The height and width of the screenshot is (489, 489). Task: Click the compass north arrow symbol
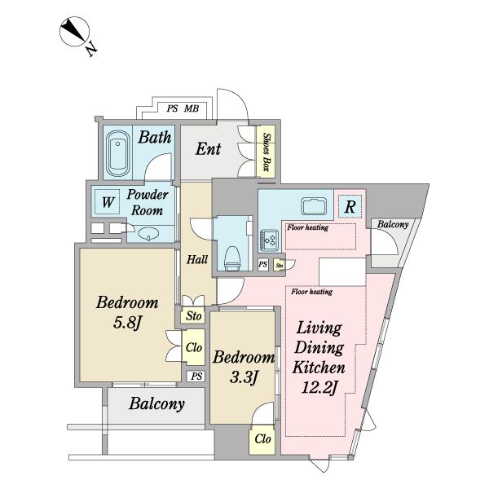74,32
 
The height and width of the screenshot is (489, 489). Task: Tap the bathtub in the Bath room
117,153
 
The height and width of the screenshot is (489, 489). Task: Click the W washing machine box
107,202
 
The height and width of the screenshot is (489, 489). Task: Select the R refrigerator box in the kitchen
350,206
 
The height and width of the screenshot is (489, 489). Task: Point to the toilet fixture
232,258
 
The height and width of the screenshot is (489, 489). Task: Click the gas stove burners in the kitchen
270,240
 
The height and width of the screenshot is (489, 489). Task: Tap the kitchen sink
314,206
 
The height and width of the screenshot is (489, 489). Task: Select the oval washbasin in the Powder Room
148,234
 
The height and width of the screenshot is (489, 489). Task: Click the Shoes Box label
266,152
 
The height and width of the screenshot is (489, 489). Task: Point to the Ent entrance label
208,149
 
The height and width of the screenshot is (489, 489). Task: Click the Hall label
197,259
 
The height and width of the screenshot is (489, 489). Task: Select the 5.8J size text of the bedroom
128,322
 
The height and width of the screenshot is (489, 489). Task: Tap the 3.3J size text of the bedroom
244,377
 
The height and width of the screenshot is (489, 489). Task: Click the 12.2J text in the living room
319,388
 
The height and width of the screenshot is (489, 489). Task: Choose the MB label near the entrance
192,108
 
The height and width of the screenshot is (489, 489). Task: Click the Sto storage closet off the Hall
193,316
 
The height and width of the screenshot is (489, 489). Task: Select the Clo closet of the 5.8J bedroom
194,347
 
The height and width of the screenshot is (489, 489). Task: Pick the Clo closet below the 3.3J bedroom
262,438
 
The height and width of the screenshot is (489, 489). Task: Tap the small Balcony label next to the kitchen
393,224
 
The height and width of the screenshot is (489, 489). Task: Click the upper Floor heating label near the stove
308,227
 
